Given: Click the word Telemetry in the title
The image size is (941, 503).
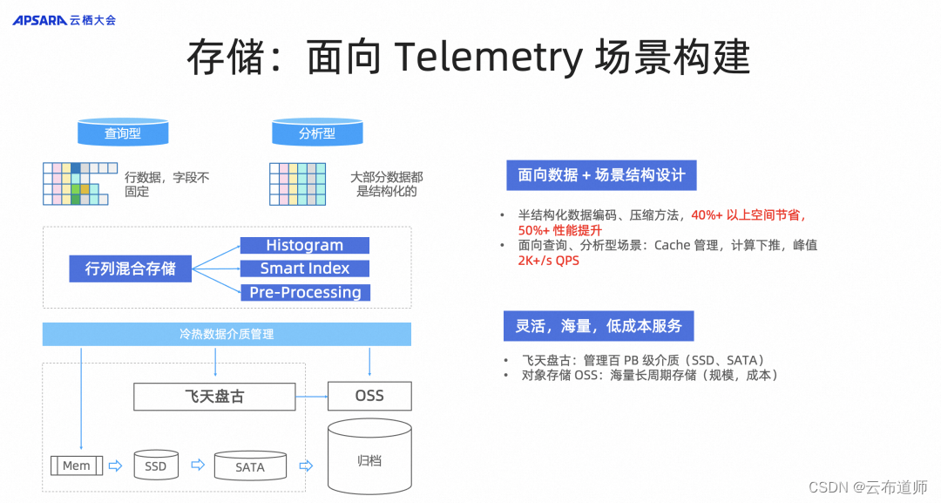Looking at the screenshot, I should click(x=487, y=58).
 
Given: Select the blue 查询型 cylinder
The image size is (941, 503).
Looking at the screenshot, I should click(x=123, y=133).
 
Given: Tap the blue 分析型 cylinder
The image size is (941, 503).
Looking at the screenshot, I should click(x=317, y=133).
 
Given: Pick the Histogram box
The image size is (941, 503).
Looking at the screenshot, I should click(x=304, y=246).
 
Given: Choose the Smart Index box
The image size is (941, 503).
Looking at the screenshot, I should click(x=304, y=268).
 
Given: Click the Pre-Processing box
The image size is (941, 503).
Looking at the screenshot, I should click(x=305, y=292).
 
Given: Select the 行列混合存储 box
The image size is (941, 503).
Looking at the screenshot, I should click(x=130, y=268).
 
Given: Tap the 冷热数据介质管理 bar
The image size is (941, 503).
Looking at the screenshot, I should click(x=227, y=334).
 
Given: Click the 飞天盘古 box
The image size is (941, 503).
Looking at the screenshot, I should click(x=213, y=396).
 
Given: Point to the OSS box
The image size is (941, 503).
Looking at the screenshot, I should click(x=369, y=396).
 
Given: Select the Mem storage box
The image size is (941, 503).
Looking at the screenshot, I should click(x=77, y=466).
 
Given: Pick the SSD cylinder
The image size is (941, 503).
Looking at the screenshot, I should click(x=156, y=466).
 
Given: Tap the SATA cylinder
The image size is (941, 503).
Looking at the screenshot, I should click(x=250, y=466).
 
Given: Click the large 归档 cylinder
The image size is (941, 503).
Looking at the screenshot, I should click(x=369, y=459).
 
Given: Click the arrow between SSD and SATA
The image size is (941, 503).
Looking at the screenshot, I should click(x=197, y=466).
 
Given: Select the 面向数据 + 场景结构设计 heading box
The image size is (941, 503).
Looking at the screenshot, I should click(x=601, y=175).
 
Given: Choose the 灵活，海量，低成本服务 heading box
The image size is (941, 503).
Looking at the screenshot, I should click(x=598, y=326).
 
